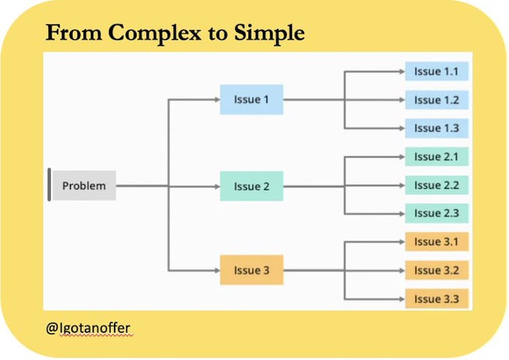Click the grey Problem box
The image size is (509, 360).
point(84,185)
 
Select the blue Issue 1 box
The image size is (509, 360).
point(251,100)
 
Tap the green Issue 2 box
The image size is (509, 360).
point(251,185)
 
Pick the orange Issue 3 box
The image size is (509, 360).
point(251,270)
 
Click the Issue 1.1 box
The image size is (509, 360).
point(436,71)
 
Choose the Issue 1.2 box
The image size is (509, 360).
point(436,100)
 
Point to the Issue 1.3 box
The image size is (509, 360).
point(436,128)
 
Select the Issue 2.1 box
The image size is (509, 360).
point(436,157)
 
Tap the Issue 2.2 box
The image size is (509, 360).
point(436,185)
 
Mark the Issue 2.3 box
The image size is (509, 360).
point(436,213)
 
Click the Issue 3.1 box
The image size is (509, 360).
point(436,242)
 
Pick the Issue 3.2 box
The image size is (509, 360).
point(436,270)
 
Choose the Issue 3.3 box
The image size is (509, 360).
point(436,299)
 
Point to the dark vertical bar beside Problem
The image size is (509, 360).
point(49,185)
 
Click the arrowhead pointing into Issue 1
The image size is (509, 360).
point(216,100)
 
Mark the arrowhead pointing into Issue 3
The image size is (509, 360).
point(216,270)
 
